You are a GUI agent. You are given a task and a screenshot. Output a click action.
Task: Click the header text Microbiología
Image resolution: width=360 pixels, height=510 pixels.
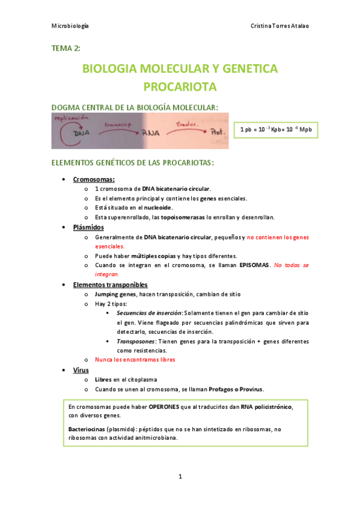[x=70, y=26]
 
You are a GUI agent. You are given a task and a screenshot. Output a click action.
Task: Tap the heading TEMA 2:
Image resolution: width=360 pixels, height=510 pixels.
[x=66, y=48]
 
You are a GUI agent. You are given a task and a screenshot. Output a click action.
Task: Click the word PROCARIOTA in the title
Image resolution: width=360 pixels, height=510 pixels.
[x=180, y=87]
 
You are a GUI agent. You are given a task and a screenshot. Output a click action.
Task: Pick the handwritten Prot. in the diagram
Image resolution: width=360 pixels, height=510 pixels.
[x=214, y=132]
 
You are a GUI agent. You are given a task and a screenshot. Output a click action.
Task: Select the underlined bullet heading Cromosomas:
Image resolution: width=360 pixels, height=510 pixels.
[x=94, y=179]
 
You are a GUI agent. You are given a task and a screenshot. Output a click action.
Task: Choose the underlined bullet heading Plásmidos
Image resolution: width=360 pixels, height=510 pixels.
[x=88, y=227]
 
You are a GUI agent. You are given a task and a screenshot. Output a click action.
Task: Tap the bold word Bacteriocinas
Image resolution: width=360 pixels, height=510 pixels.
[x=87, y=429]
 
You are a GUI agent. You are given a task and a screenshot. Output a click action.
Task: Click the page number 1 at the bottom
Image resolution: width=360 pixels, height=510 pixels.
[x=180, y=477]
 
